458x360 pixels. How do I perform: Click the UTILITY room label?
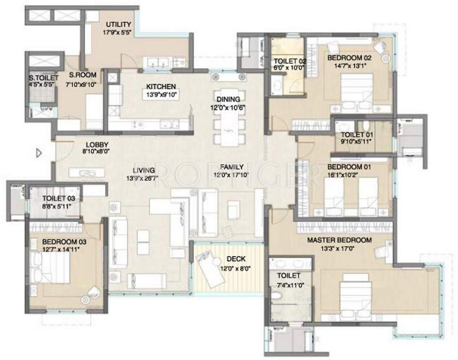[118, 24]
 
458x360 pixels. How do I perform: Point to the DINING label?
[228, 99]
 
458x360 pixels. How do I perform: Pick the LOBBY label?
[98, 144]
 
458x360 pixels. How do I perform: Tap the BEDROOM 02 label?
[349, 58]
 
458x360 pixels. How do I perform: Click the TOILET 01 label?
[357, 135]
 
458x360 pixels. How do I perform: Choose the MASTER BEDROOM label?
[339, 240]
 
